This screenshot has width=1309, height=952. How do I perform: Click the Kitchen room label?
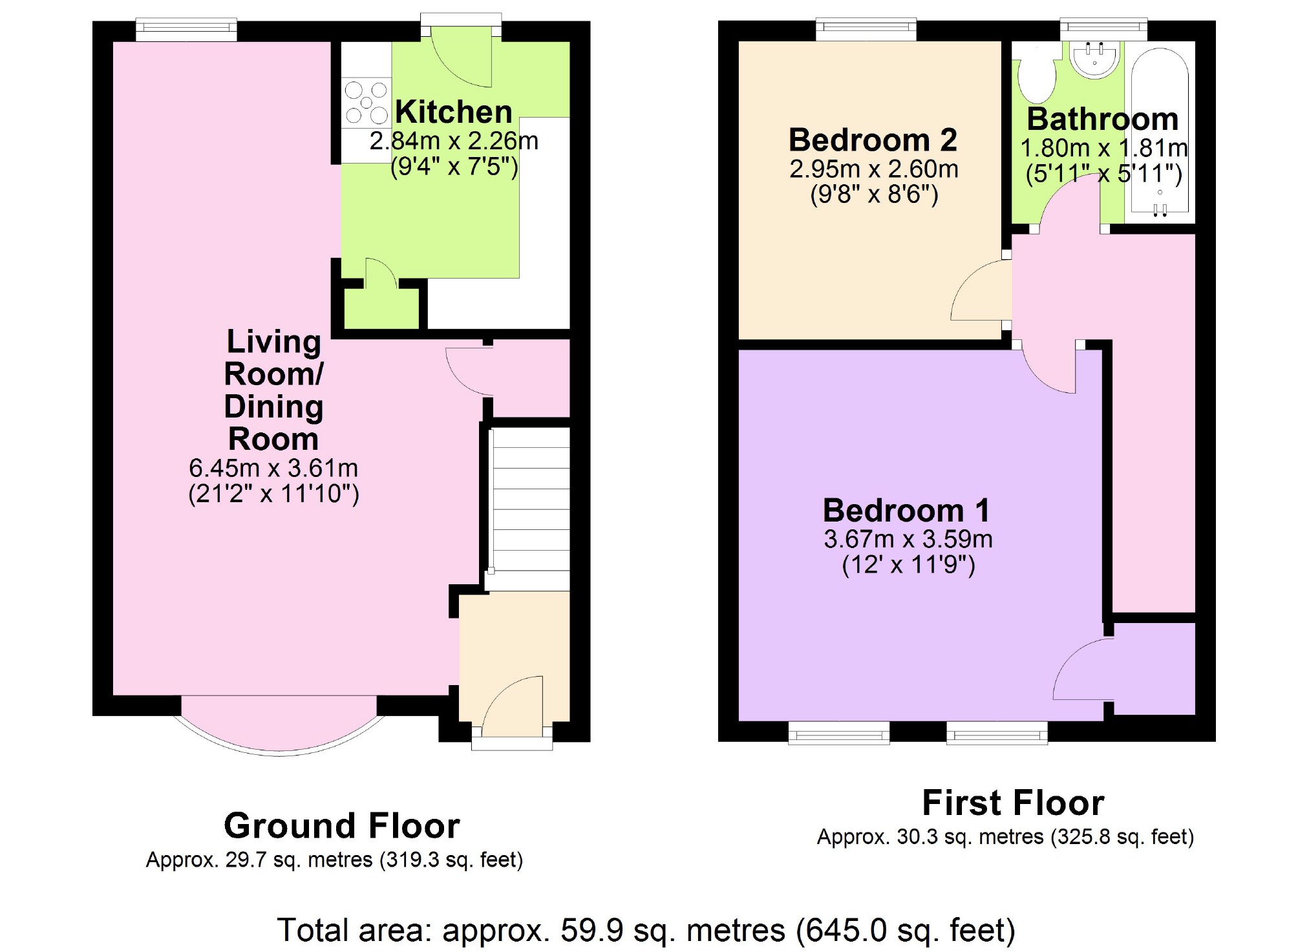453,112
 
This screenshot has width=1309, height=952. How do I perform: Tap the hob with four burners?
366,103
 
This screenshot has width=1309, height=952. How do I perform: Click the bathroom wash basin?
1095,59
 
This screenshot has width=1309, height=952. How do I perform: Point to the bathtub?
1160,129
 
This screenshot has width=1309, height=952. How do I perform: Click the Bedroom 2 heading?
873,140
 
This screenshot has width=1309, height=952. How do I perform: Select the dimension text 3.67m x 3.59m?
908,539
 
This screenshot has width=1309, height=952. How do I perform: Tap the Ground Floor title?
341,825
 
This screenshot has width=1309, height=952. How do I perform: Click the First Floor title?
1013,803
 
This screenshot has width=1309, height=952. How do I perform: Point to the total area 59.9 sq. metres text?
646,931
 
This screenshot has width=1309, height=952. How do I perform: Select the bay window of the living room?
279,727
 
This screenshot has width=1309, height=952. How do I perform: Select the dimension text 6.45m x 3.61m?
273,468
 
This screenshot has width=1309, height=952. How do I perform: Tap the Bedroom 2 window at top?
866,28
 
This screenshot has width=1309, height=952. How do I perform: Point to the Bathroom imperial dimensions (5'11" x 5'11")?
1103,174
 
